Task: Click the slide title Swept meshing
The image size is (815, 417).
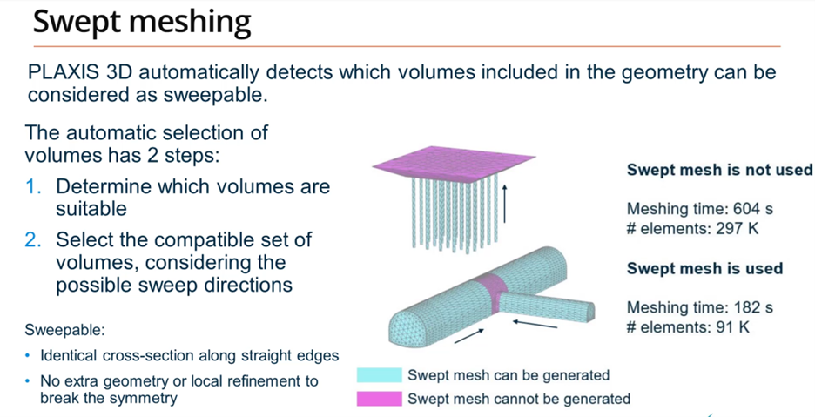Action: pos(142,23)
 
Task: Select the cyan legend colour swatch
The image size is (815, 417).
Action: pos(379,375)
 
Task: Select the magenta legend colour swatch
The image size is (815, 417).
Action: pos(379,399)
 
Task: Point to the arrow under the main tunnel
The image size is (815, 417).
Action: pos(470,335)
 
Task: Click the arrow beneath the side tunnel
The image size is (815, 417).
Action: pos(535,325)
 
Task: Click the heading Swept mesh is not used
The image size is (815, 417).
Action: pos(719,170)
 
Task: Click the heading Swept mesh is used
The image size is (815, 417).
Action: pos(704,268)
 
